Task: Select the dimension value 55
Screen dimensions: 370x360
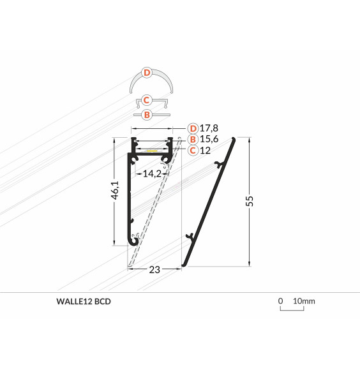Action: tap(250, 202)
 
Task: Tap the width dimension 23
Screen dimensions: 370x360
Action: tap(154, 269)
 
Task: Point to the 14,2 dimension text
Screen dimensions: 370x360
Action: tap(151, 172)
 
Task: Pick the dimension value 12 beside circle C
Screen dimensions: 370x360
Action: tap(206, 151)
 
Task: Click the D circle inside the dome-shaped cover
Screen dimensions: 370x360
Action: tap(147, 73)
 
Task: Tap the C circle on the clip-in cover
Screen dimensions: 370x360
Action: tap(147, 100)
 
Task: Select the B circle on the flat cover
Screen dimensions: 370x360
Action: tap(147, 115)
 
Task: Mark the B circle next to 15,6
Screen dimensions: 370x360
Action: tap(193, 139)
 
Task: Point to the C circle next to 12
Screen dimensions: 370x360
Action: tap(193, 151)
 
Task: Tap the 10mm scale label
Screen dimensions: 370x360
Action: tap(304, 301)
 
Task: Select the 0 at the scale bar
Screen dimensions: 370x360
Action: tap(280, 301)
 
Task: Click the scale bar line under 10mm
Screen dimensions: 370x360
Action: tap(292, 311)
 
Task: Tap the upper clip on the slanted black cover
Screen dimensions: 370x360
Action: tap(220, 166)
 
